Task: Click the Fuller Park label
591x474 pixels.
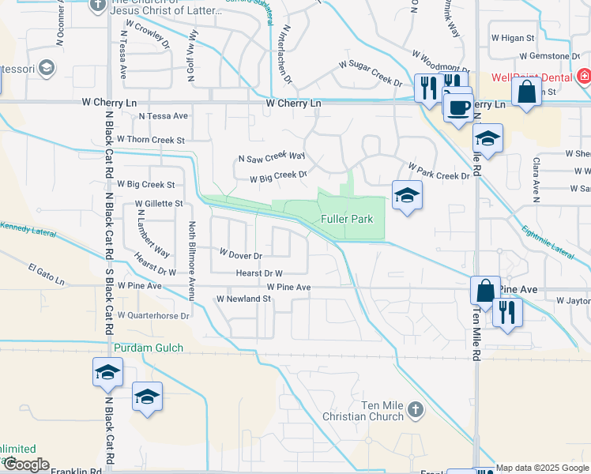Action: point(346,219)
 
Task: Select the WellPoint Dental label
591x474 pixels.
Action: point(530,77)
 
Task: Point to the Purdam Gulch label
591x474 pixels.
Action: point(149,348)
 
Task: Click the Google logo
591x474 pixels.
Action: point(25,465)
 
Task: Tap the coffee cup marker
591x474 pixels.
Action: point(457,108)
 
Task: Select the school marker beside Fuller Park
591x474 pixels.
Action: point(407,196)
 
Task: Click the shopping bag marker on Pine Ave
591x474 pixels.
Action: point(485,290)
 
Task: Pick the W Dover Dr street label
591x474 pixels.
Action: point(240,255)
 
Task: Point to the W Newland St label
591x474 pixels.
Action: point(244,299)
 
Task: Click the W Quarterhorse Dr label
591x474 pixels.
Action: point(154,314)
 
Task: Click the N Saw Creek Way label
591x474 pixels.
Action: point(272,157)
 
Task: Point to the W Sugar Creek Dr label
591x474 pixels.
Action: point(371,71)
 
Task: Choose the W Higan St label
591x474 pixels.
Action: point(514,37)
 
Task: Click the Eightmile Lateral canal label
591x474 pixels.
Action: point(548,242)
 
